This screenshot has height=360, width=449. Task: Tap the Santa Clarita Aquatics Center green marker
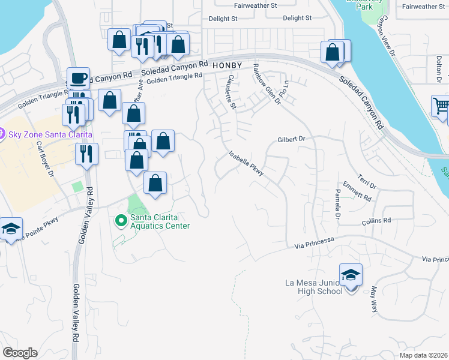(x=121, y=221)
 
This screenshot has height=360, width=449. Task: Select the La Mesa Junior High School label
(x=315, y=287)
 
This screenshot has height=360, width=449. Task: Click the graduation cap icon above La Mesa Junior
(x=351, y=275)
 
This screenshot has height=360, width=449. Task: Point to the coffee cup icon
(x=78, y=78)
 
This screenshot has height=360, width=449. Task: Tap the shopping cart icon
(x=441, y=107)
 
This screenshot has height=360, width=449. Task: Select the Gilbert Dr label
(x=292, y=139)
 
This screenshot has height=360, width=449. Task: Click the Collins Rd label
(x=376, y=221)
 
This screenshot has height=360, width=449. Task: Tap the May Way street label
(x=376, y=299)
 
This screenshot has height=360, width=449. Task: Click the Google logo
(x=20, y=353)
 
